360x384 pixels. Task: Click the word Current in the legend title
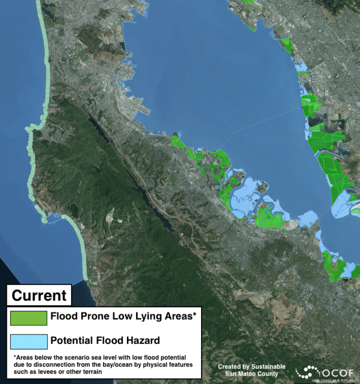point(39,295)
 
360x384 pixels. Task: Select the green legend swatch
point(28,317)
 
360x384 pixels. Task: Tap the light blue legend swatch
point(28,341)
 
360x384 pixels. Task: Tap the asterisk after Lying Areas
point(195,315)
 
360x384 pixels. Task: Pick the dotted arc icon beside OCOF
point(309,372)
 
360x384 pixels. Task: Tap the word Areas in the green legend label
point(177,316)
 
